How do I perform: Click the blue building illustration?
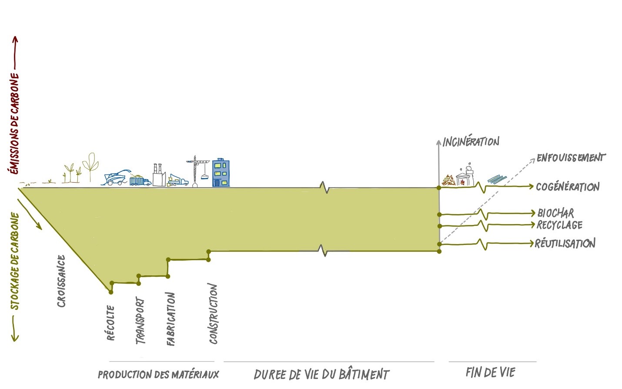tap(221, 173)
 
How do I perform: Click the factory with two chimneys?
tap(158, 175)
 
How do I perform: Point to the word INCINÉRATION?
tap(471, 141)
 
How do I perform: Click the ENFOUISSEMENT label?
tap(570, 158)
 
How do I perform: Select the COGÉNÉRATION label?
tap(567, 187)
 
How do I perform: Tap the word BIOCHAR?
tap(555, 213)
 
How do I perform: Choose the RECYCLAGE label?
tap(559, 225)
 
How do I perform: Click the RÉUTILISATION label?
tap(565, 243)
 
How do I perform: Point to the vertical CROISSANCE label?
tap(61, 281)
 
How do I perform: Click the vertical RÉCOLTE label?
tap(111, 322)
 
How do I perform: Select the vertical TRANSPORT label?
tap(140, 320)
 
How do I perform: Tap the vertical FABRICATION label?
tap(171, 319)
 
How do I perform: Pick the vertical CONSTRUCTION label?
tap(213, 314)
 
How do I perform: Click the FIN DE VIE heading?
tap(490, 372)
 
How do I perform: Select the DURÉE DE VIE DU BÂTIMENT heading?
tap(321, 374)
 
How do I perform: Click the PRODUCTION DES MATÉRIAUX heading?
tap(158, 374)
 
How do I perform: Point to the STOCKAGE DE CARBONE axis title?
tap(15, 261)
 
